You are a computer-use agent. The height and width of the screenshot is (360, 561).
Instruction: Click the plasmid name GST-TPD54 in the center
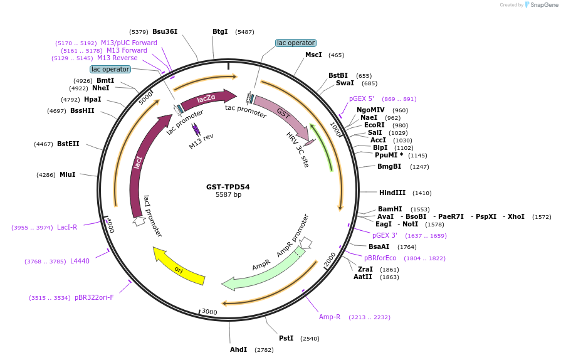click(228, 187)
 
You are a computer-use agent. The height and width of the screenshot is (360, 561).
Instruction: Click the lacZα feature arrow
click(207, 98)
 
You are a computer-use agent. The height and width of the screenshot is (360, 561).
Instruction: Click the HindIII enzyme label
click(392, 193)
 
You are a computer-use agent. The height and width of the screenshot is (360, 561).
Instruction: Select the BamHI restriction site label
click(390, 209)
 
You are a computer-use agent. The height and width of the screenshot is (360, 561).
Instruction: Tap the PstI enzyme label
click(286, 338)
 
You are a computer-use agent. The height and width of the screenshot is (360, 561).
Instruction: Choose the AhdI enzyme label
click(238, 349)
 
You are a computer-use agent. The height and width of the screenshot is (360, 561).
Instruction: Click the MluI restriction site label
click(67, 174)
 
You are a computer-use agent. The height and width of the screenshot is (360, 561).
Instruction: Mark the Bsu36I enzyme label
click(165, 31)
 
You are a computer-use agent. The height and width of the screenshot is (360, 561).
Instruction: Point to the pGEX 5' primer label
click(362, 99)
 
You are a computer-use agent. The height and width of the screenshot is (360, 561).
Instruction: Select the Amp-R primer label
click(330, 317)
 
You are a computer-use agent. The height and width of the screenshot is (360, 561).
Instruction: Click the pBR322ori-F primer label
click(94, 297)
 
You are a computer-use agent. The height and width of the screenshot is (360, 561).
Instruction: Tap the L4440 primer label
click(80, 261)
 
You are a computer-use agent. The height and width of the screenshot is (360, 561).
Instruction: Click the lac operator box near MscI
click(295, 43)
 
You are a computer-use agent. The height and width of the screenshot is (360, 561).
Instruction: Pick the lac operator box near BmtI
click(110, 69)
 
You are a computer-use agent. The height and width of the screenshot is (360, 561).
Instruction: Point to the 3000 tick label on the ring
click(209, 312)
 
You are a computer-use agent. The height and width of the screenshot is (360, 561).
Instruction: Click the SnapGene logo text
click(543, 5)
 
